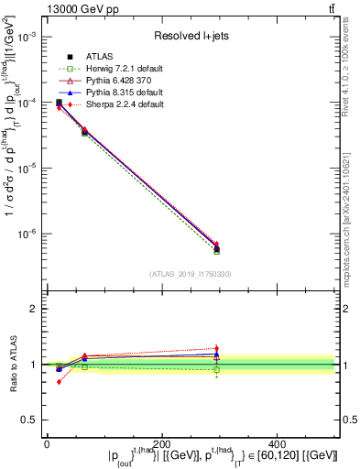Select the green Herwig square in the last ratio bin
pyautogui.click(x=217, y=369)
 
